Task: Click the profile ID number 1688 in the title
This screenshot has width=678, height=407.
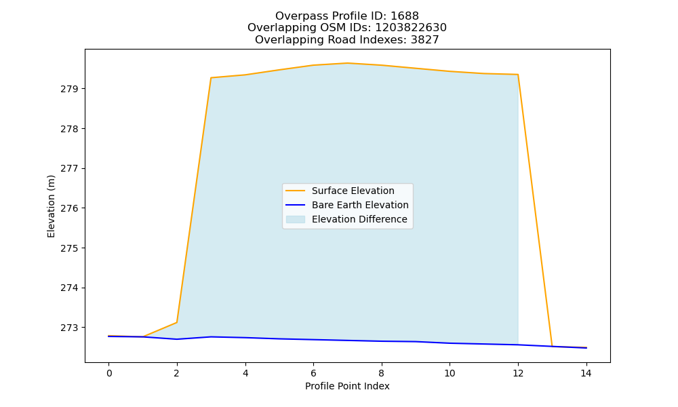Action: pyautogui.click(x=404, y=16)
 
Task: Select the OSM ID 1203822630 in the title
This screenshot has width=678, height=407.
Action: pyautogui.click(x=411, y=28)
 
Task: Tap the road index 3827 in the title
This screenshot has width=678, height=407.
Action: pyautogui.click(x=424, y=40)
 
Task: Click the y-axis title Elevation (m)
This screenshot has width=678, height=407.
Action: pyautogui.click(x=52, y=206)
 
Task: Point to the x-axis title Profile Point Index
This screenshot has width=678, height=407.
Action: pyautogui.click(x=347, y=386)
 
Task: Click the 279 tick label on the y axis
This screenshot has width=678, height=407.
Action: pyautogui.click(x=67, y=89)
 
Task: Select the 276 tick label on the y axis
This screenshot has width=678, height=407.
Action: pyautogui.click(x=67, y=208)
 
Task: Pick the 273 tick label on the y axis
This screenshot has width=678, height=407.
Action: pyautogui.click(x=67, y=328)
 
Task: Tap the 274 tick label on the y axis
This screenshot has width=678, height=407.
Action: pyautogui.click(x=67, y=288)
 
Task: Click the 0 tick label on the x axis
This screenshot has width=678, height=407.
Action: pyautogui.click(x=109, y=373)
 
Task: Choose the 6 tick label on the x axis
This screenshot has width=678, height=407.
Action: pyautogui.click(x=313, y=373)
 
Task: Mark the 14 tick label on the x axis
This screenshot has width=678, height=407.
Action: pyautogui.click(x=586, y=373)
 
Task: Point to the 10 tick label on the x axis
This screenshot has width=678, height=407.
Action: pyautogui.click(x=450, y=373)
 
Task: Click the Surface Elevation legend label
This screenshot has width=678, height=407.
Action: pyautogui.click(x=353, y=191)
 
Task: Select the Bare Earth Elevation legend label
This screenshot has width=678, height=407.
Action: pyautogui.click(x=360, y=205)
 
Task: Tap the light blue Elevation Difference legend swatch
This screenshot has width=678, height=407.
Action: pyautogui.click(x=296, y=219)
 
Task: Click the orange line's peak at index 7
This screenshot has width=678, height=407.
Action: pyautogui.click(x=347, y=63)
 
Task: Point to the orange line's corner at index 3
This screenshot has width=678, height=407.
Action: pyautogui.click(x=211, y=78)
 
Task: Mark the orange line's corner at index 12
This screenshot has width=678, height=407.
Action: pyautogui.click(x=517, y=75)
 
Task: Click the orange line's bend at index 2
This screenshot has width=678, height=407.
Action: pyautogui.click(x=177, y=322)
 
